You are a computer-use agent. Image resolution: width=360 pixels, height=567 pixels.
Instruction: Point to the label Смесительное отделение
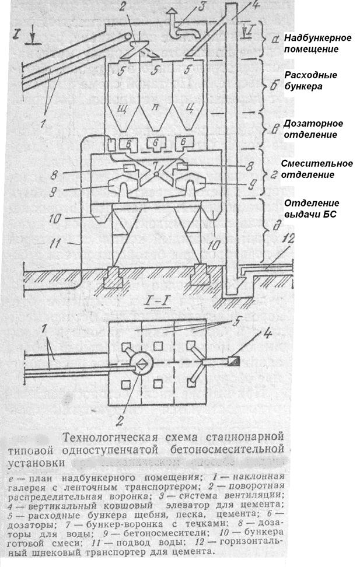click(x=317, y=169)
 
